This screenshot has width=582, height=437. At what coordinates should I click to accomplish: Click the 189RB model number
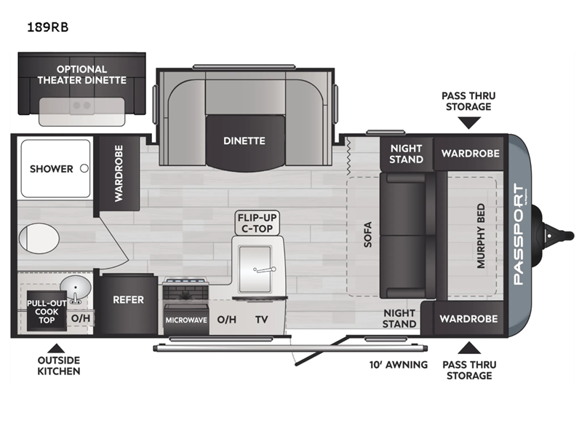(x=48, y=27)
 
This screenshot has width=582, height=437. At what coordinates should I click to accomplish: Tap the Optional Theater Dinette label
(x=81, y=75)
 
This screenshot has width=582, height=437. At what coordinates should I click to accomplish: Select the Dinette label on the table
(x=244, y=141)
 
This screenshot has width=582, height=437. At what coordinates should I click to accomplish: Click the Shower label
(x=51, y=169)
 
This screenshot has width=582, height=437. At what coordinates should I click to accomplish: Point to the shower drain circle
(x=84, y=168)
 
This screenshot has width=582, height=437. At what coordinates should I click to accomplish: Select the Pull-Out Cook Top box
(x=47, y=312)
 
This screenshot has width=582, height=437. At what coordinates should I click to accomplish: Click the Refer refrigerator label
(x=128, y=300)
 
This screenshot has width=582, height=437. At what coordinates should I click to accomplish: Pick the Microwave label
(x=186, y=320)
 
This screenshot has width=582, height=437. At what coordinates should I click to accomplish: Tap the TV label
(x=262, y=319)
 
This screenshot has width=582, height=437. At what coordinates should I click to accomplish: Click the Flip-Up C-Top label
(x=258, y=223)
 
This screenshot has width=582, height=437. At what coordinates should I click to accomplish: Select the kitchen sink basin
(x=255, y=269)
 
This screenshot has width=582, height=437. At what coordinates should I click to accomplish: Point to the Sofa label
(x=367, y=235)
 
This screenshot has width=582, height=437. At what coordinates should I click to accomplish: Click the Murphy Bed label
(x=481, y=235)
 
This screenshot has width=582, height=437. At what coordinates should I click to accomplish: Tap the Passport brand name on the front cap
(x=518, y=235)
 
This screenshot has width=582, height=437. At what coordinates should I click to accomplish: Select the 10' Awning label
(x=398, y=365)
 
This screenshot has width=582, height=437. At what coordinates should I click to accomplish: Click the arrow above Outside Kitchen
(x=56, y=348)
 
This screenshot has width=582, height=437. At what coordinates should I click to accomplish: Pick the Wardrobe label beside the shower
(x=119, y=173)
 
